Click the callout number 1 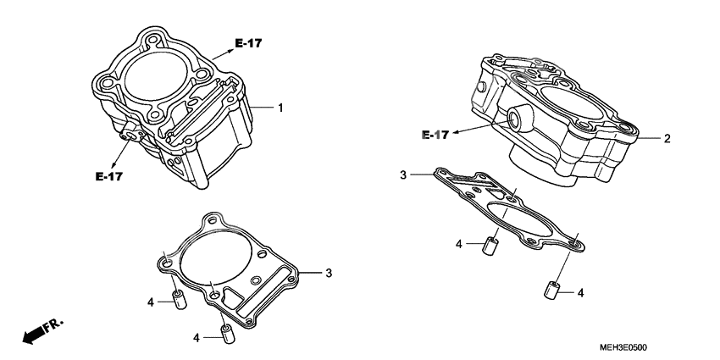coord(280,108)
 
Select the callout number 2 coord(667,138)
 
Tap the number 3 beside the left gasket coord(329,273)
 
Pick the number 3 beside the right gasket coord(404,175)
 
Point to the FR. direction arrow coord(43,331)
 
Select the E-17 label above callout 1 coord(247,43)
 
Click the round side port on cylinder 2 coord(514,119)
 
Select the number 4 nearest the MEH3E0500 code coord(581,293)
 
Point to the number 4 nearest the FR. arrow coord(150,301)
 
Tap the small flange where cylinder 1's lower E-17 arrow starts coord(130,133)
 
